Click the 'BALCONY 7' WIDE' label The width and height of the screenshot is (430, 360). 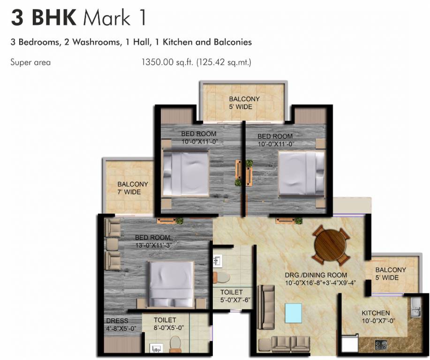click(x=133, y=188)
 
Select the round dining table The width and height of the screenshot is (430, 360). click(x=331, y=244)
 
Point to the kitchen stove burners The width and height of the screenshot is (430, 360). click(x=381, y=345)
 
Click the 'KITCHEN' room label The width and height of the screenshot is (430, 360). click(x=376, y=313)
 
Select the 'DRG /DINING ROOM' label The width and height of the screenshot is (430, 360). click(x=316, y=275)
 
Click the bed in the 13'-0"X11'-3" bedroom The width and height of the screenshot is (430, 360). click(x=171, y=283)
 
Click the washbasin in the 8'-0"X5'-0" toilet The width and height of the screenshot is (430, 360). click(x=156, y=348)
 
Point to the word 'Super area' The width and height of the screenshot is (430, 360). click(x=30, y=62)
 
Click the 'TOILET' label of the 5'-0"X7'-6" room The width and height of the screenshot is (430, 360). click(x=232, y=292)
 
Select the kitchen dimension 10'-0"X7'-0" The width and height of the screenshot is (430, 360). click(x=376, y=321)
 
